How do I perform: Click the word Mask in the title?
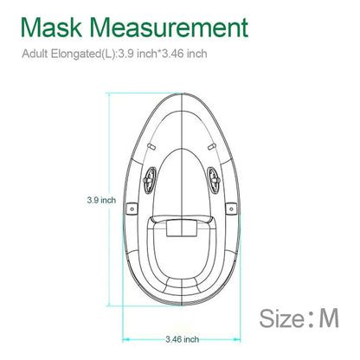coord(51,28)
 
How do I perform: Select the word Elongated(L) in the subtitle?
coord(83,54)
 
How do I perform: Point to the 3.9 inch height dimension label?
coord(101,200)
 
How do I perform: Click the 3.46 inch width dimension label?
coord(183,339)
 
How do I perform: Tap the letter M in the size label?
coord(329,318)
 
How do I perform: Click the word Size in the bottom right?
coord(281,318)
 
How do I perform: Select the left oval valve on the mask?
coord(150,180)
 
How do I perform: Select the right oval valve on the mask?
coord(214,180)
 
